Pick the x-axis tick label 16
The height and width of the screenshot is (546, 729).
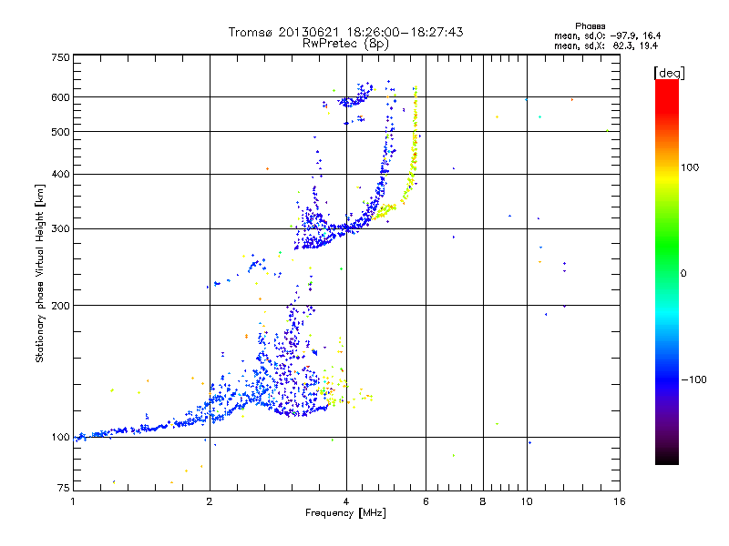click(619, 501)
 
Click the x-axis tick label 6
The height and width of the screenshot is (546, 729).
click(426, 501)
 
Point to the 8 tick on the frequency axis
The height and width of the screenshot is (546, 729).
click(483, 501)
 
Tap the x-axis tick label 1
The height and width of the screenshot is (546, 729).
click(73, 501)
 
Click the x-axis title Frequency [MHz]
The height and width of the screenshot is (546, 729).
click(345, 513)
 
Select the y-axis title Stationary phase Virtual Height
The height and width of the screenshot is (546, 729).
click(40, 273)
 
